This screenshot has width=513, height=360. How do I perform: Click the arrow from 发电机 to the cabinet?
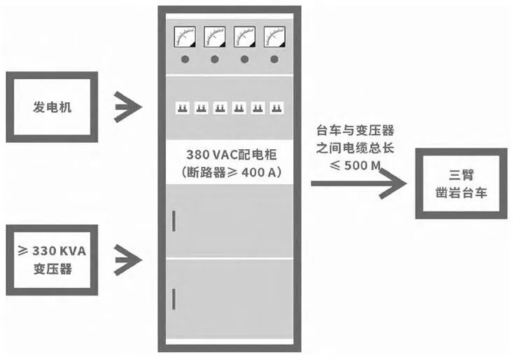coord(128,107)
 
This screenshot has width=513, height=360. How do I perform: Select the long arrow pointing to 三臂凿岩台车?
coord(357,184)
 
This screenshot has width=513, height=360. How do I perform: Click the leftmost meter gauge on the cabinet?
coord(185,36)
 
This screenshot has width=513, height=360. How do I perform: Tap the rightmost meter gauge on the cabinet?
coord(274,36)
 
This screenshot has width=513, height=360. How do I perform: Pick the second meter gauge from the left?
coord(215,36)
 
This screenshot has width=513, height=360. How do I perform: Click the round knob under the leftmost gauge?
coord(185,60)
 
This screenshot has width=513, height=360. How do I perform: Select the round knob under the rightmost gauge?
coord(274,60)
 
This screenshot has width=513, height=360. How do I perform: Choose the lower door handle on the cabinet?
coord(174,300)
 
